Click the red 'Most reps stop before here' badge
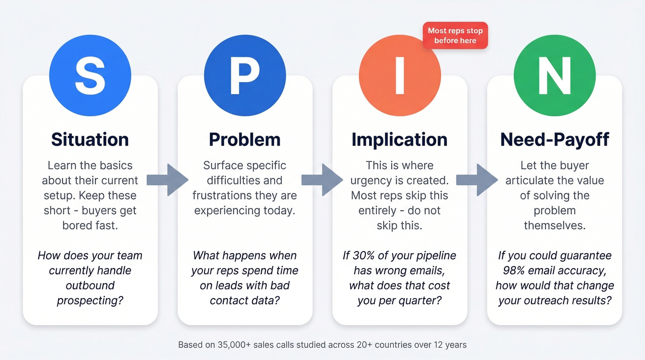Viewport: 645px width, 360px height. pyautogui.click(x=455, y=35)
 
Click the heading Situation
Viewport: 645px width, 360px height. pyautogui.click(x=90, y=139)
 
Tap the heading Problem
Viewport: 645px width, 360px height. pyautogui.click(x=245, y=139)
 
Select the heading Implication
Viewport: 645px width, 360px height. pyautogui.click(x=399, y=139)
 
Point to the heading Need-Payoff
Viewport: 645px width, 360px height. pyautogui.click(x=554, y=139)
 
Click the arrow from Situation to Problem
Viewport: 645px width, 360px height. pyautogui.click(x=168, y=180)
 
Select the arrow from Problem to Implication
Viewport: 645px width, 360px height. pyautogui.click(x=322, y=180)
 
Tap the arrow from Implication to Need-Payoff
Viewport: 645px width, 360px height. pyautogui.click(x=477, y=180)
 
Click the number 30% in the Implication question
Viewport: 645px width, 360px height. pyautogui.click(x=364, y=255)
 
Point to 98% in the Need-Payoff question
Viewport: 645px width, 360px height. pyautogui.click(x=510, y=271)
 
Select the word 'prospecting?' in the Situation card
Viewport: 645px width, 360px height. pyautogui.click(x=90, y=301)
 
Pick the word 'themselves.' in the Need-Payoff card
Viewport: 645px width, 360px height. pyautogui.click(x=554, y=225)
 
